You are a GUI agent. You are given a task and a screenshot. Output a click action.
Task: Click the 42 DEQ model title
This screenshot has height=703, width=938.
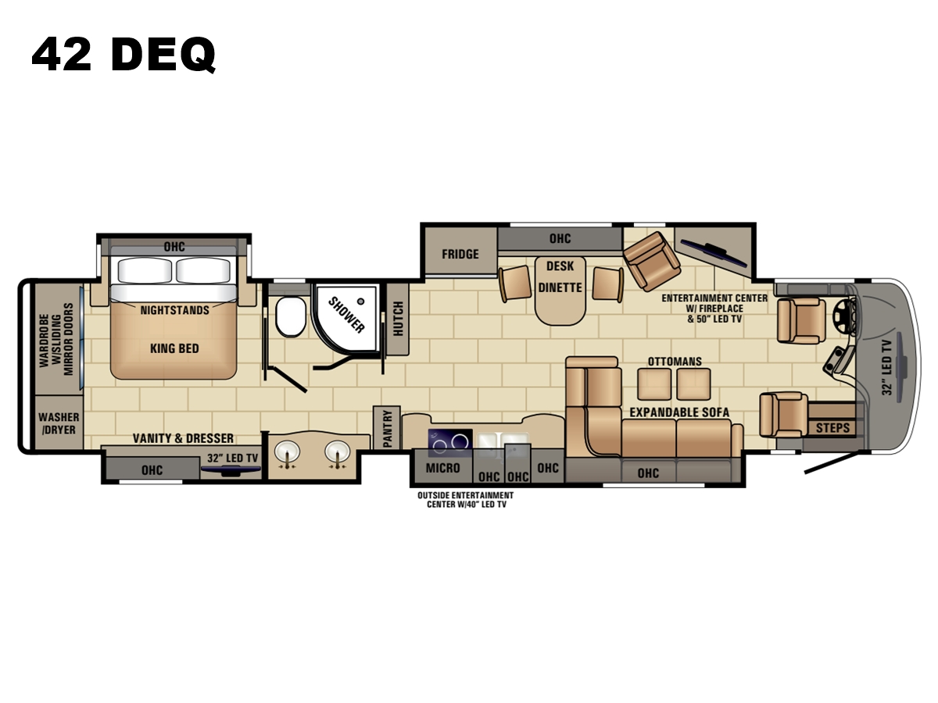(124, 55)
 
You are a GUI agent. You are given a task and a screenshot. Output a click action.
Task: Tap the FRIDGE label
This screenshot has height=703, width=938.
(460, 255)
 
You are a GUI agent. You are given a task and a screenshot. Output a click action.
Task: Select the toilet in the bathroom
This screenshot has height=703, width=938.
(291, 316)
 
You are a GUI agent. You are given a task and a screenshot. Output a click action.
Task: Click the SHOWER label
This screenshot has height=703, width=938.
(346, 315)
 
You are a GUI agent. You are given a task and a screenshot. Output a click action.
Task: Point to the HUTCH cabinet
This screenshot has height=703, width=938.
(397, 319)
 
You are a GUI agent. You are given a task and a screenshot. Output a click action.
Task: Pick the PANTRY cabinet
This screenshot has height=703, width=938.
(387, 428)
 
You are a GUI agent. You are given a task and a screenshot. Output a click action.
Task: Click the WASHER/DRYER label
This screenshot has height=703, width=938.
(59, 423)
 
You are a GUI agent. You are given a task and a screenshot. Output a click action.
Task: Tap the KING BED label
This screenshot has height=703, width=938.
(174, 348)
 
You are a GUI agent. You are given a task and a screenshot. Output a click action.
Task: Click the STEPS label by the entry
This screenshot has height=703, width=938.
(832, 428)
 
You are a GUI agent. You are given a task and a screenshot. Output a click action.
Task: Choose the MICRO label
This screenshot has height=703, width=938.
(442, 468)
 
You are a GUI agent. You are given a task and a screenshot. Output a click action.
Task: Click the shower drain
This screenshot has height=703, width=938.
(360, 302)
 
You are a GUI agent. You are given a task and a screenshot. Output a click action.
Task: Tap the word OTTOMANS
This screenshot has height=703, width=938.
(675, 362)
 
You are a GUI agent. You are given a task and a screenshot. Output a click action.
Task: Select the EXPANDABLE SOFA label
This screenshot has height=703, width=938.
(679, 412)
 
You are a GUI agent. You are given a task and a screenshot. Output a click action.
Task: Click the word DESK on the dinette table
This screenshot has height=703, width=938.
(560, 266)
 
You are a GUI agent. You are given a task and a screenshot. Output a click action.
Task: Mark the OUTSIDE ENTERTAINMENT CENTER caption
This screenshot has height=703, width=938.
(465, 500)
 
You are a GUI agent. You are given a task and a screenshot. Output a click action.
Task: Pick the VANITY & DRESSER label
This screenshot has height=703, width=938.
(183, 438)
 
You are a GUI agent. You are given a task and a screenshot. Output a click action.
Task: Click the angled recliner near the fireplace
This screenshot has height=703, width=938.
(651, 261)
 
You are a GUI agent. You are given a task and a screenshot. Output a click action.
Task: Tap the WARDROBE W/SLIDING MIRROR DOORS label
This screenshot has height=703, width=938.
(56, 340)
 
